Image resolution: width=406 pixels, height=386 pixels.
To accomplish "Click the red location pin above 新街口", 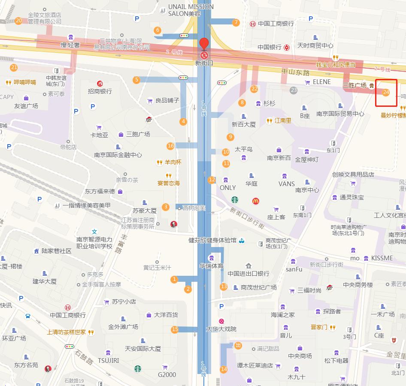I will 204,44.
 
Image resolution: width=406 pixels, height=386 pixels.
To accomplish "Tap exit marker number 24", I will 386,92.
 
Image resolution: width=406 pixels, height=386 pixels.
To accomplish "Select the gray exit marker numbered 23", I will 294,90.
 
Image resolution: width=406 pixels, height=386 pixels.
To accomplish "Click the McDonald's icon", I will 256,200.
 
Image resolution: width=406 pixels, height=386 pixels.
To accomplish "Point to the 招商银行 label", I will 100,91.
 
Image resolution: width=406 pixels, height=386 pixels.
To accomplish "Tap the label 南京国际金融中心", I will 118,155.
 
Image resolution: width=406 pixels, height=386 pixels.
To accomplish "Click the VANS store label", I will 286,184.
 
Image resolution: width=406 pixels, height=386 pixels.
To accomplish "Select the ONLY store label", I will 227,187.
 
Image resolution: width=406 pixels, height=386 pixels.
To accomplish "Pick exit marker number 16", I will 171,146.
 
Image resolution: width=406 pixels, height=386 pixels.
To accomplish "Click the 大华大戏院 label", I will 221,329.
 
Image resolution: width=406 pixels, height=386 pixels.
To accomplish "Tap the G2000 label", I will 167,374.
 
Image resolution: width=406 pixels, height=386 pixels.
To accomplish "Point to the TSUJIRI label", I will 108,360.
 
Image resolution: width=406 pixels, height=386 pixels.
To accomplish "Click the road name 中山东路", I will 295,72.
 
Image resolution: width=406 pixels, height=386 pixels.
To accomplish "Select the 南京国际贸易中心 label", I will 340,114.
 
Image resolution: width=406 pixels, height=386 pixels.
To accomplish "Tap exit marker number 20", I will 18,21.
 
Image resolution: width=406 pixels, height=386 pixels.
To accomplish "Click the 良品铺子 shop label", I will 167,100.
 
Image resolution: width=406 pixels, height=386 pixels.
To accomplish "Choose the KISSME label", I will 382,258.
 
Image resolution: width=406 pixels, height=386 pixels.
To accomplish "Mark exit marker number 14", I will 224,369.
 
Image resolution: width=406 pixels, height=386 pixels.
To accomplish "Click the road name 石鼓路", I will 84,356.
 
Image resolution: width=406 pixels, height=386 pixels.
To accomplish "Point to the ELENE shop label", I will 321,81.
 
